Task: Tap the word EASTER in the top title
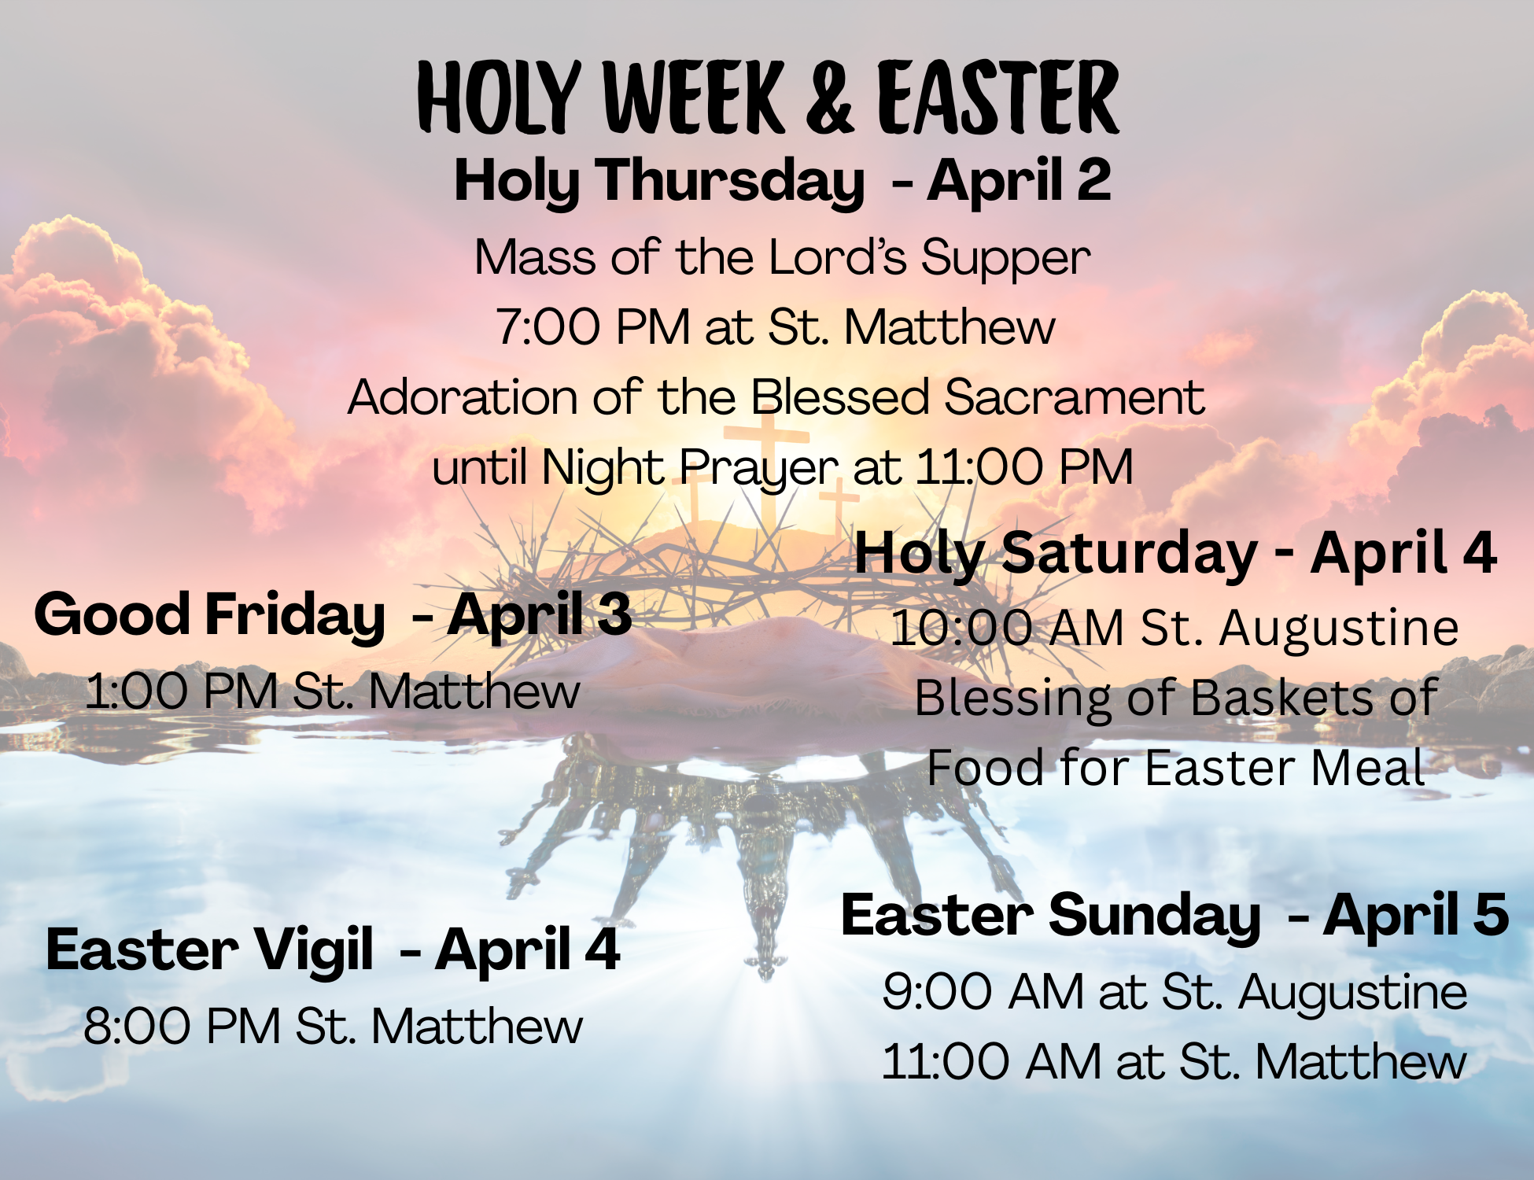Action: [x=997, y=98]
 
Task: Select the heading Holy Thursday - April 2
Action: [x=783, y=181]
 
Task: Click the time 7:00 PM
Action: [x=592, y=326]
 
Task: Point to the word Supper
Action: [x=1005, y=258]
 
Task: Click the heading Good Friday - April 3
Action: [x=333, y=614]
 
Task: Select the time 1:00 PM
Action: [x=181, y=691]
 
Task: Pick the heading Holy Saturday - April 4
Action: [x=1175, y=553]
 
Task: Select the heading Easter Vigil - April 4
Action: [x=333, y=950]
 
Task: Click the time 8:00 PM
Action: [x=182, y=1027]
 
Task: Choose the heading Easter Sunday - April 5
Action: [x=1175, y=916]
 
